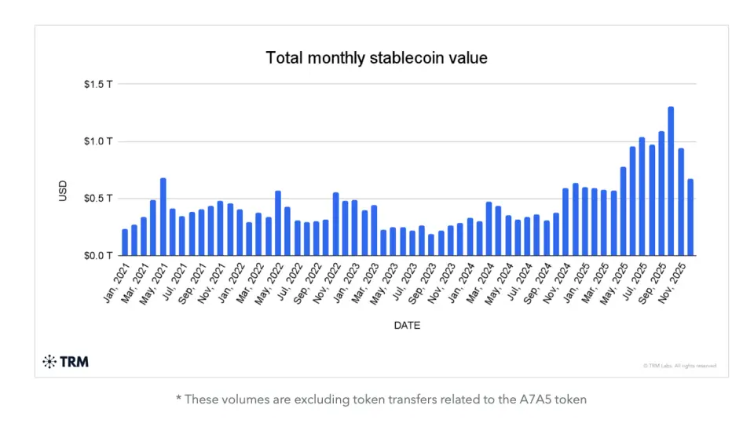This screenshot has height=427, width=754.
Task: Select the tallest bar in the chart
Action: (x=671, y=181)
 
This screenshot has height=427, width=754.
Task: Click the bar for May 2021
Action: (x=163, y=217)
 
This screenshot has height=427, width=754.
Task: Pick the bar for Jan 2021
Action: (x=125, y=242)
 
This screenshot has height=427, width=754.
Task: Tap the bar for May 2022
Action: (x=278, y=223)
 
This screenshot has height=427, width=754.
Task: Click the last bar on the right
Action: (x=690, y=217)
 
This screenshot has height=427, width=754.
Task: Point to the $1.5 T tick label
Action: (x=98, y=85)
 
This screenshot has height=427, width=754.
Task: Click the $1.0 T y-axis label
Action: (x=98, y=141)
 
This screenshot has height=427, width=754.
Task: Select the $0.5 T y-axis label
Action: (x=98, y=199)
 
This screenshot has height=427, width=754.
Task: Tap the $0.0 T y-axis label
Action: (x=98, y=256)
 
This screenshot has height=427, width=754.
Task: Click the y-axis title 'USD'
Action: (x=64, y=191)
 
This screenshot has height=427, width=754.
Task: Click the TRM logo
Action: (x=65, y=362)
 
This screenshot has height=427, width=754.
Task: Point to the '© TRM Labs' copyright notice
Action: (x=679, y=366)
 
